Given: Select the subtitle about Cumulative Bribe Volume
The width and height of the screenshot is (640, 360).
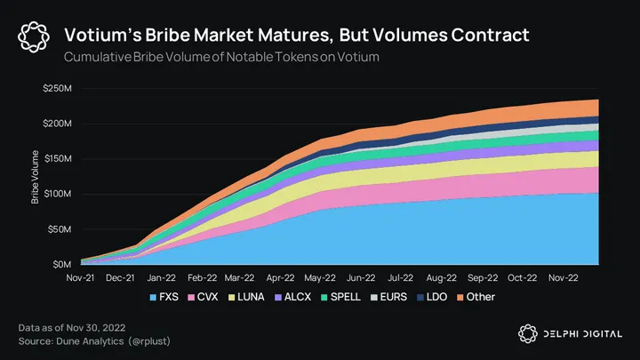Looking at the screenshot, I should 213,57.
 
